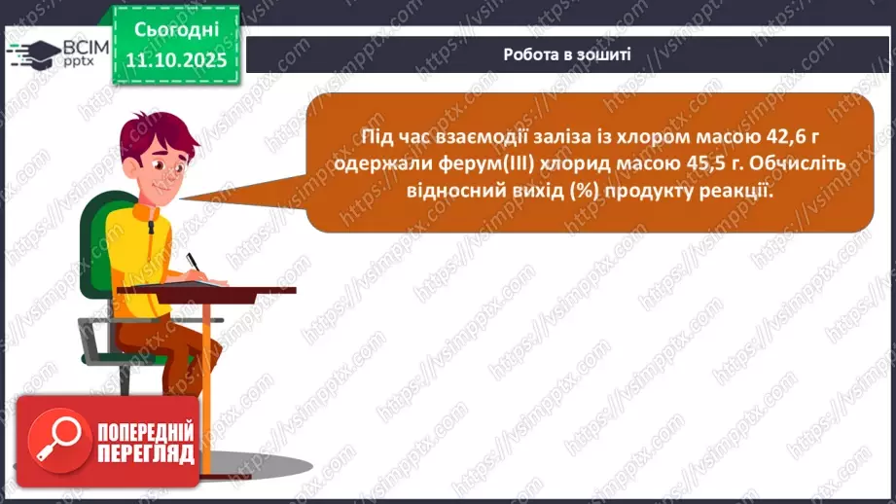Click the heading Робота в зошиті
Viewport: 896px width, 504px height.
567,54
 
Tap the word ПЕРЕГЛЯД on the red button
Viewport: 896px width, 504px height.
146,454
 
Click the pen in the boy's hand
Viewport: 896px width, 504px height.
193,263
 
